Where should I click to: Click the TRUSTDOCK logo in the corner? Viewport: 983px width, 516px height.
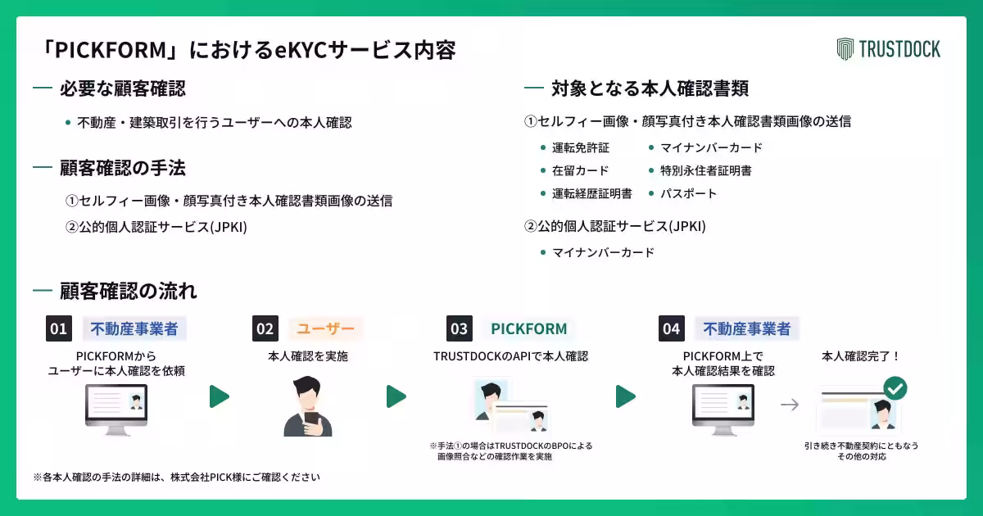[889, 49]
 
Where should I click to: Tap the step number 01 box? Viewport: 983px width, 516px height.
[59, 329]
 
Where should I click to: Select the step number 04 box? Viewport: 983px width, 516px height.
[672, 329]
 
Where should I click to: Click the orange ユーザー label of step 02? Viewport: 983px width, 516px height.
[325, 329]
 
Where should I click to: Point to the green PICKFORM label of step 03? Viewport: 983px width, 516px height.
[528, 329]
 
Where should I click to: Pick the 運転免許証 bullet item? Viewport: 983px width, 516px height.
[580, 148]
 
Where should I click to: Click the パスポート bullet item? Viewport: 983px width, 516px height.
[688, 194]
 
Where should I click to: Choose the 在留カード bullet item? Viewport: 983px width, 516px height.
[580, 171]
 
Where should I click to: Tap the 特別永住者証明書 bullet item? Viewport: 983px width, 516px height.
[705, 171]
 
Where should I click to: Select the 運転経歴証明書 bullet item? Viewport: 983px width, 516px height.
[591, 194]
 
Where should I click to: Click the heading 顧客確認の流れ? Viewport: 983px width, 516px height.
[128, 291]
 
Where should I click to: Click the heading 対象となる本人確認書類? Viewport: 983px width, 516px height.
[650, 88]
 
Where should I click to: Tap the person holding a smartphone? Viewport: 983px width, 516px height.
[308, 407]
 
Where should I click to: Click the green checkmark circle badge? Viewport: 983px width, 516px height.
[895, 387]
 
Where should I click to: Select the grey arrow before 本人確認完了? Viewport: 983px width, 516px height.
[789, 405]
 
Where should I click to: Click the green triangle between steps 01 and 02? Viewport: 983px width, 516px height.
[219, 396]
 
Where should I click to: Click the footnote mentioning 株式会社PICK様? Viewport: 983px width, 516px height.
[176, 477]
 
